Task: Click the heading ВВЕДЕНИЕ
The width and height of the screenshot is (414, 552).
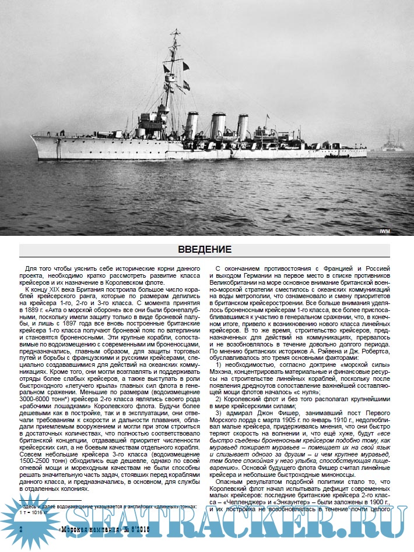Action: [204, 249]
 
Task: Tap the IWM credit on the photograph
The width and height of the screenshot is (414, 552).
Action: [385, 231]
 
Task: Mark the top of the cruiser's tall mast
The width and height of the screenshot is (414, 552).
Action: [174, 31]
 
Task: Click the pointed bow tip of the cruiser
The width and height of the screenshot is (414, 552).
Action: [32, 137]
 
